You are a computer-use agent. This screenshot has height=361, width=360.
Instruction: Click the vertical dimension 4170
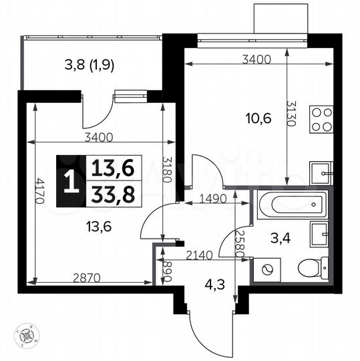pyautogui.click(x=41, y=193)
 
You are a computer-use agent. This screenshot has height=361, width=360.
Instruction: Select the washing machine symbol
pyautogui.click(x=269, y=270)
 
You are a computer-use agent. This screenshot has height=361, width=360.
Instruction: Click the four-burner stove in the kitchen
pyautogui.click(x=320, y=120)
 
